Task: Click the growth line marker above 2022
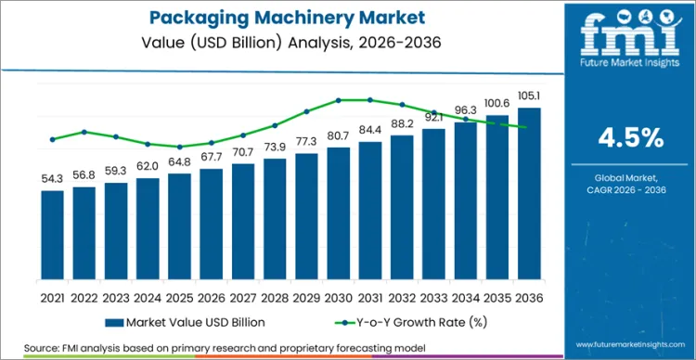tap(84, 132)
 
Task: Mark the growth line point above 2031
tap(369, 99)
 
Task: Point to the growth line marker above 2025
tap(180, 147)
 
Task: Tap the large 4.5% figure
tap(630, 138)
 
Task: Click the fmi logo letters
tap(630, 36)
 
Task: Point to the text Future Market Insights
tap(630, 67)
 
